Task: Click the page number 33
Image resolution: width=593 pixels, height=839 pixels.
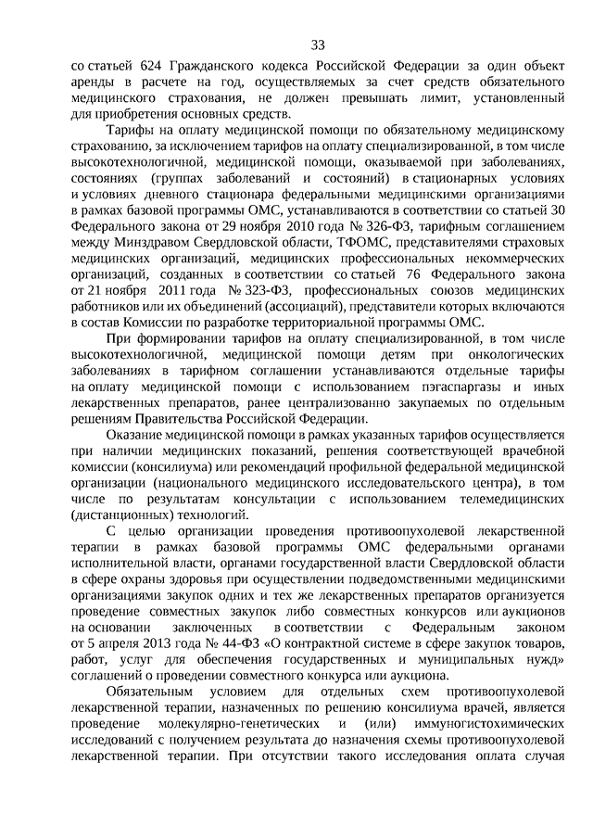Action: (318, 44)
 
